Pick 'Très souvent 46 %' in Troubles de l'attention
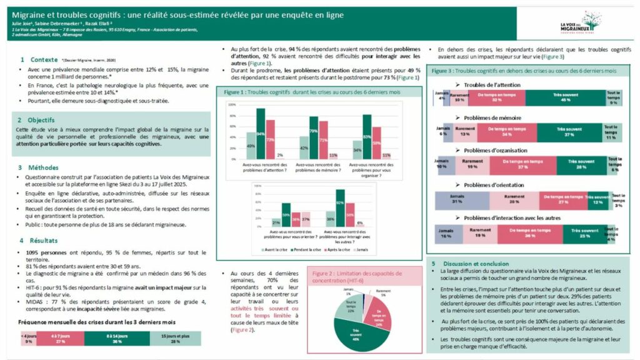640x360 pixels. pos(565,98)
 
